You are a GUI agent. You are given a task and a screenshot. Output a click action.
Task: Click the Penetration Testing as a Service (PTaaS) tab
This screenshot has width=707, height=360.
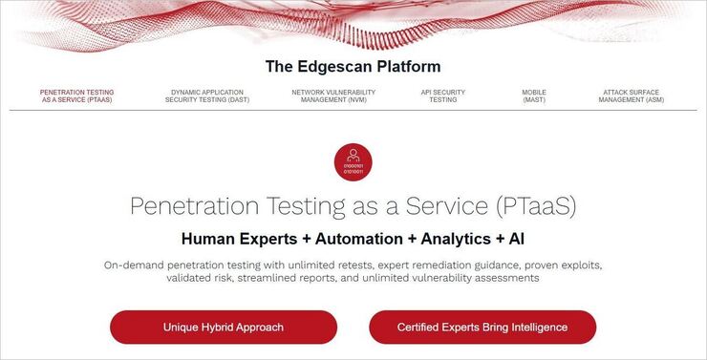tap(76, 96)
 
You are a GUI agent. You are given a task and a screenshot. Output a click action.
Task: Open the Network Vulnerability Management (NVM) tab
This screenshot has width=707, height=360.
tap(333, 96)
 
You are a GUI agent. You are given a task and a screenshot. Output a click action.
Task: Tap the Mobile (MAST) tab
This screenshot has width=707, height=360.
tap(534, 96)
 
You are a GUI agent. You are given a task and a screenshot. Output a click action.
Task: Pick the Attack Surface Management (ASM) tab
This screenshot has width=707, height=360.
tap(631, 96)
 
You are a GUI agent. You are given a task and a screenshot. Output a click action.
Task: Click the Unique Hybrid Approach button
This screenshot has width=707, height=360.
tap(224, 327)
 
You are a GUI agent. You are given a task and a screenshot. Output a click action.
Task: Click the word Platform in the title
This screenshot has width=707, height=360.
tap(408, 67)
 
